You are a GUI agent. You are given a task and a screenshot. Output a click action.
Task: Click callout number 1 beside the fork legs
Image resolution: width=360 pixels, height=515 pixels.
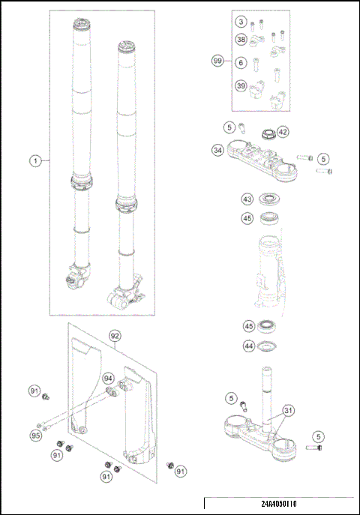(34, 160)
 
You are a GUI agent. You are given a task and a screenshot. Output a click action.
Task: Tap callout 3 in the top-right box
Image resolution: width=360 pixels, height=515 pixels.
(240, 23)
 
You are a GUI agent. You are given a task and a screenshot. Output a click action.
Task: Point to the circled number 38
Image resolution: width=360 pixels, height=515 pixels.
(240, 40)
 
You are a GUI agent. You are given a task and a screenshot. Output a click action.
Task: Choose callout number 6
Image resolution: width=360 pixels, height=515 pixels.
(240, 63)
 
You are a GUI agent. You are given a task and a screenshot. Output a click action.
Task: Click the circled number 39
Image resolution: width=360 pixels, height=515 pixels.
(240, 85)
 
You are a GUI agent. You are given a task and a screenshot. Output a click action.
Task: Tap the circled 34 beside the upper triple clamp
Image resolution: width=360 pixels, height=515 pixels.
(217, 150)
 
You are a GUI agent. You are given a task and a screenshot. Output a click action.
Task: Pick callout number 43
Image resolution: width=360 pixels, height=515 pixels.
(247, 199)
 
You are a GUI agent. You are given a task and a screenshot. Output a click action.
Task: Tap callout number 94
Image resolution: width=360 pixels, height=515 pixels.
(108, 378)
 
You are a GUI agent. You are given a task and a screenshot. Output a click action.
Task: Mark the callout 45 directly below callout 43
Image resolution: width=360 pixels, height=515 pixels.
(247, 219)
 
